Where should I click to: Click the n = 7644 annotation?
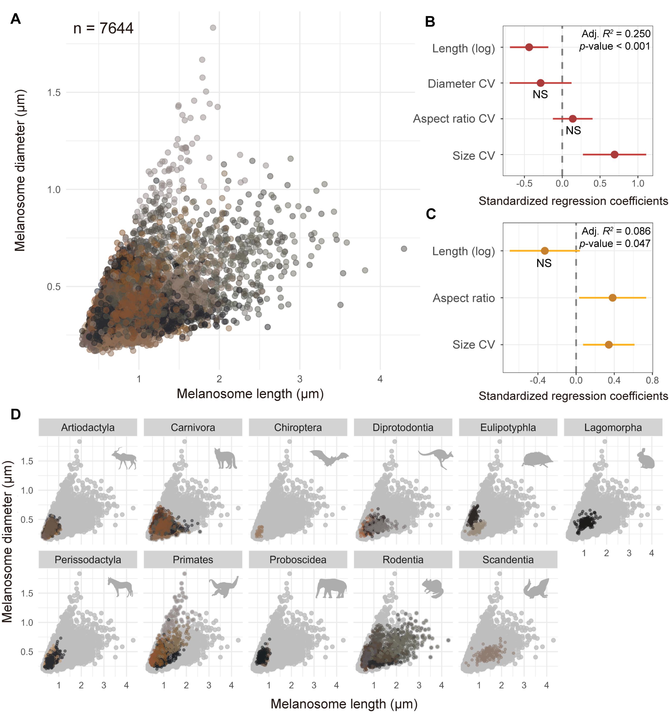tap(103, 28)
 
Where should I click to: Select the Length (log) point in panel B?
tap(529, 47)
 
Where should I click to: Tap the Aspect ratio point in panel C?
tap(612, 298)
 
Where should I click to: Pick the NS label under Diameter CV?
tap(540, 95)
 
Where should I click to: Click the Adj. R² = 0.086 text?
tap(616, 231)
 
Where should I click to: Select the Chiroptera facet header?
tap(298, 427)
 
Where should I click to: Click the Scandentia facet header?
tap(508, 560)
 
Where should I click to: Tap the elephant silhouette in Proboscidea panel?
tap(331, 588)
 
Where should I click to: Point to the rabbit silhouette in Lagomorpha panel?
tap(645, 459)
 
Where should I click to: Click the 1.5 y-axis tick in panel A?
tap(54, 93)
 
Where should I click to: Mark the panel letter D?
tap(15, 414)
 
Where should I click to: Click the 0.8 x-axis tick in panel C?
tap(652, 380)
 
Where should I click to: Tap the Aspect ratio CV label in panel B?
tap(454, 119)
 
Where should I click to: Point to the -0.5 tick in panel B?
tap(524, 184)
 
